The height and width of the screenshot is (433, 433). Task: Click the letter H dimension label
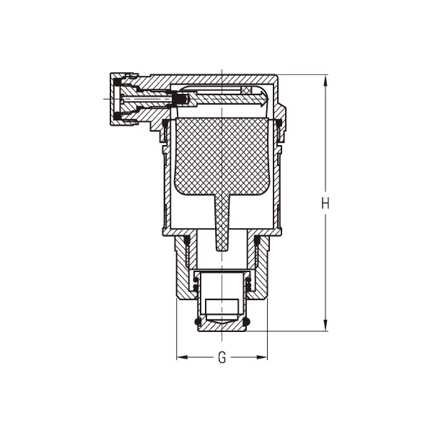pos(325,204)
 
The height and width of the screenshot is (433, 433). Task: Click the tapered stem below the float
pos(222,224)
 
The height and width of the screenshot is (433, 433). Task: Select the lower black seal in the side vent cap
pos(117,115)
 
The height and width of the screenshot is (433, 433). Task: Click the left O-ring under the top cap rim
pos(166,124)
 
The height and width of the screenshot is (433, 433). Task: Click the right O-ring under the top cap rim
pos(279,124)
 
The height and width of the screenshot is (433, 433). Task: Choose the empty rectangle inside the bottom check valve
pos(222,306)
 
